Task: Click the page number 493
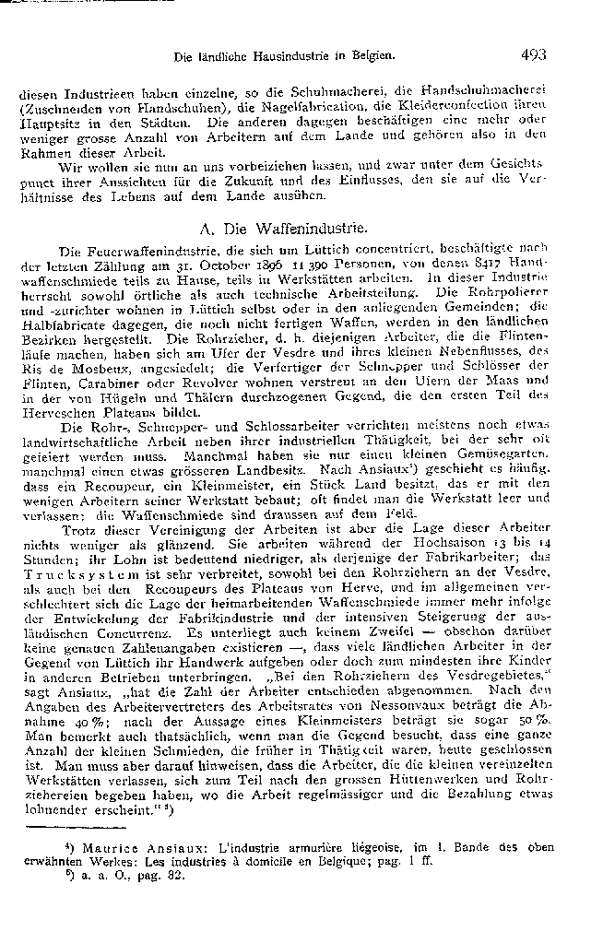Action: point(532,54)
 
